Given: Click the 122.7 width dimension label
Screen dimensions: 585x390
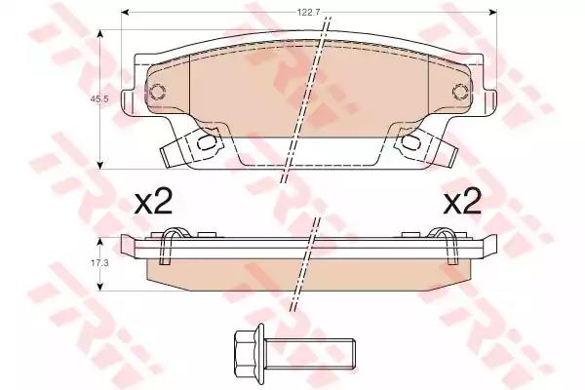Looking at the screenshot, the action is pos(304,13).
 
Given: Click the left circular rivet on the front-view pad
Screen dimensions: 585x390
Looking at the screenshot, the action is pos(157,92).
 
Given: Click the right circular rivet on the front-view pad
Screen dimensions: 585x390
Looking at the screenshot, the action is pos(460,91).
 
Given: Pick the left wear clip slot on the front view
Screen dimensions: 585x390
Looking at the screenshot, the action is pos(207,142).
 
